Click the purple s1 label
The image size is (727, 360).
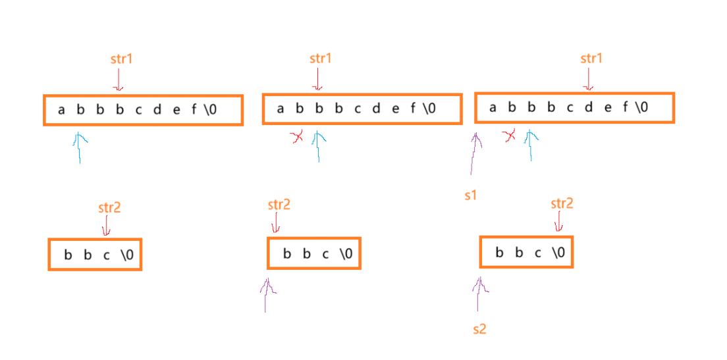pos(470,196)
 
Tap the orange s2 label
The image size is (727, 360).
pos(479,328)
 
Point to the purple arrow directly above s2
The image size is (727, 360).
pos(479,292)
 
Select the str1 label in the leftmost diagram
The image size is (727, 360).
pos(121,59)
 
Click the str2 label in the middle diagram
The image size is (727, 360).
pos(279,204)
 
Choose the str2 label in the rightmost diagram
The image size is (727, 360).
pos(562,203)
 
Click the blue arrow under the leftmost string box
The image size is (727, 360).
pos(80,147)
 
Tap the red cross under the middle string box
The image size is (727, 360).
pos(297,137)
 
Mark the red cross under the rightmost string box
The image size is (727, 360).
pos(509,136)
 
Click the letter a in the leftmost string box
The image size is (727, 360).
pos(61,109)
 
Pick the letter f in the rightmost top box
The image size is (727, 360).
pos(625,107)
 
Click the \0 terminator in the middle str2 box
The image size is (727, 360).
pos(346,253)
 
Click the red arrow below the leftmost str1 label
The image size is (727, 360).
pos(119,80)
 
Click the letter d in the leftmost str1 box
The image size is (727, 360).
pos(157,109)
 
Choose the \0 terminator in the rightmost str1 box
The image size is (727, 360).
pos(641,107)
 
